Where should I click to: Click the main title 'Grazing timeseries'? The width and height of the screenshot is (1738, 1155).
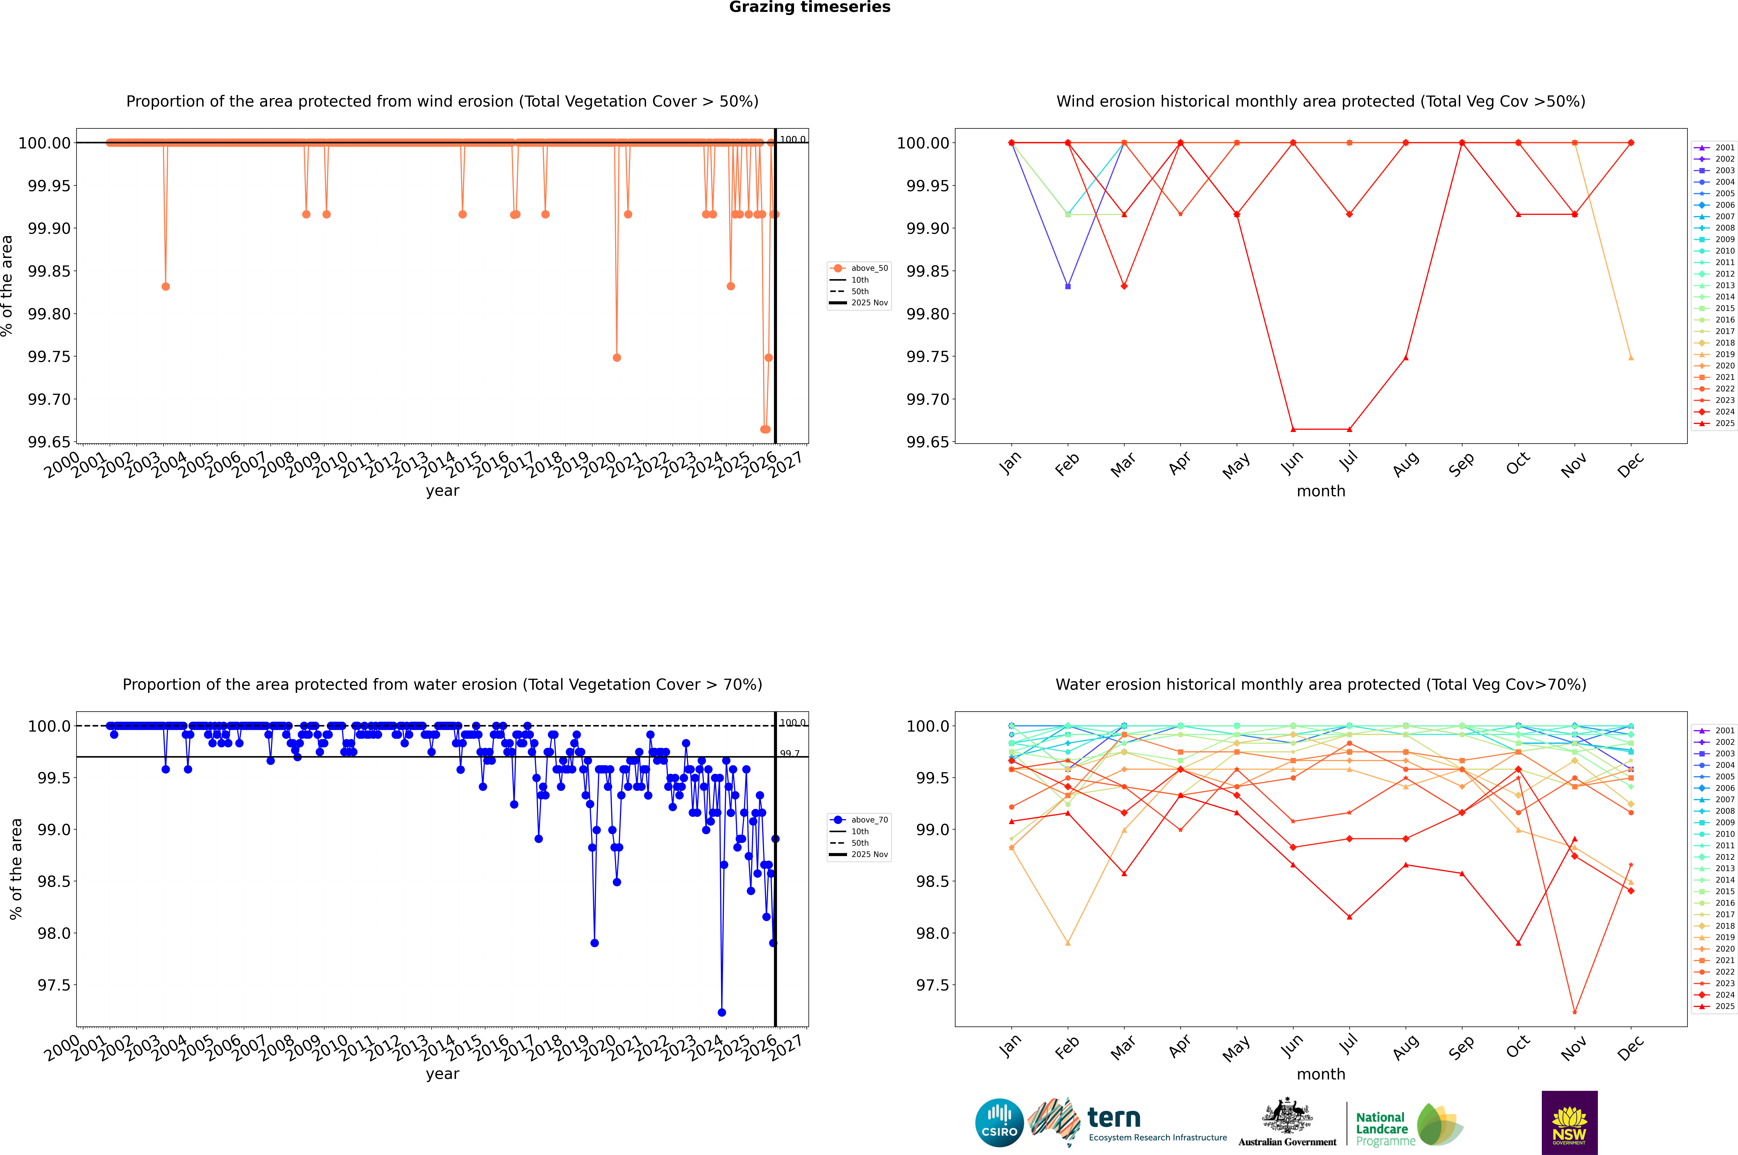click(x=809, y=7)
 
